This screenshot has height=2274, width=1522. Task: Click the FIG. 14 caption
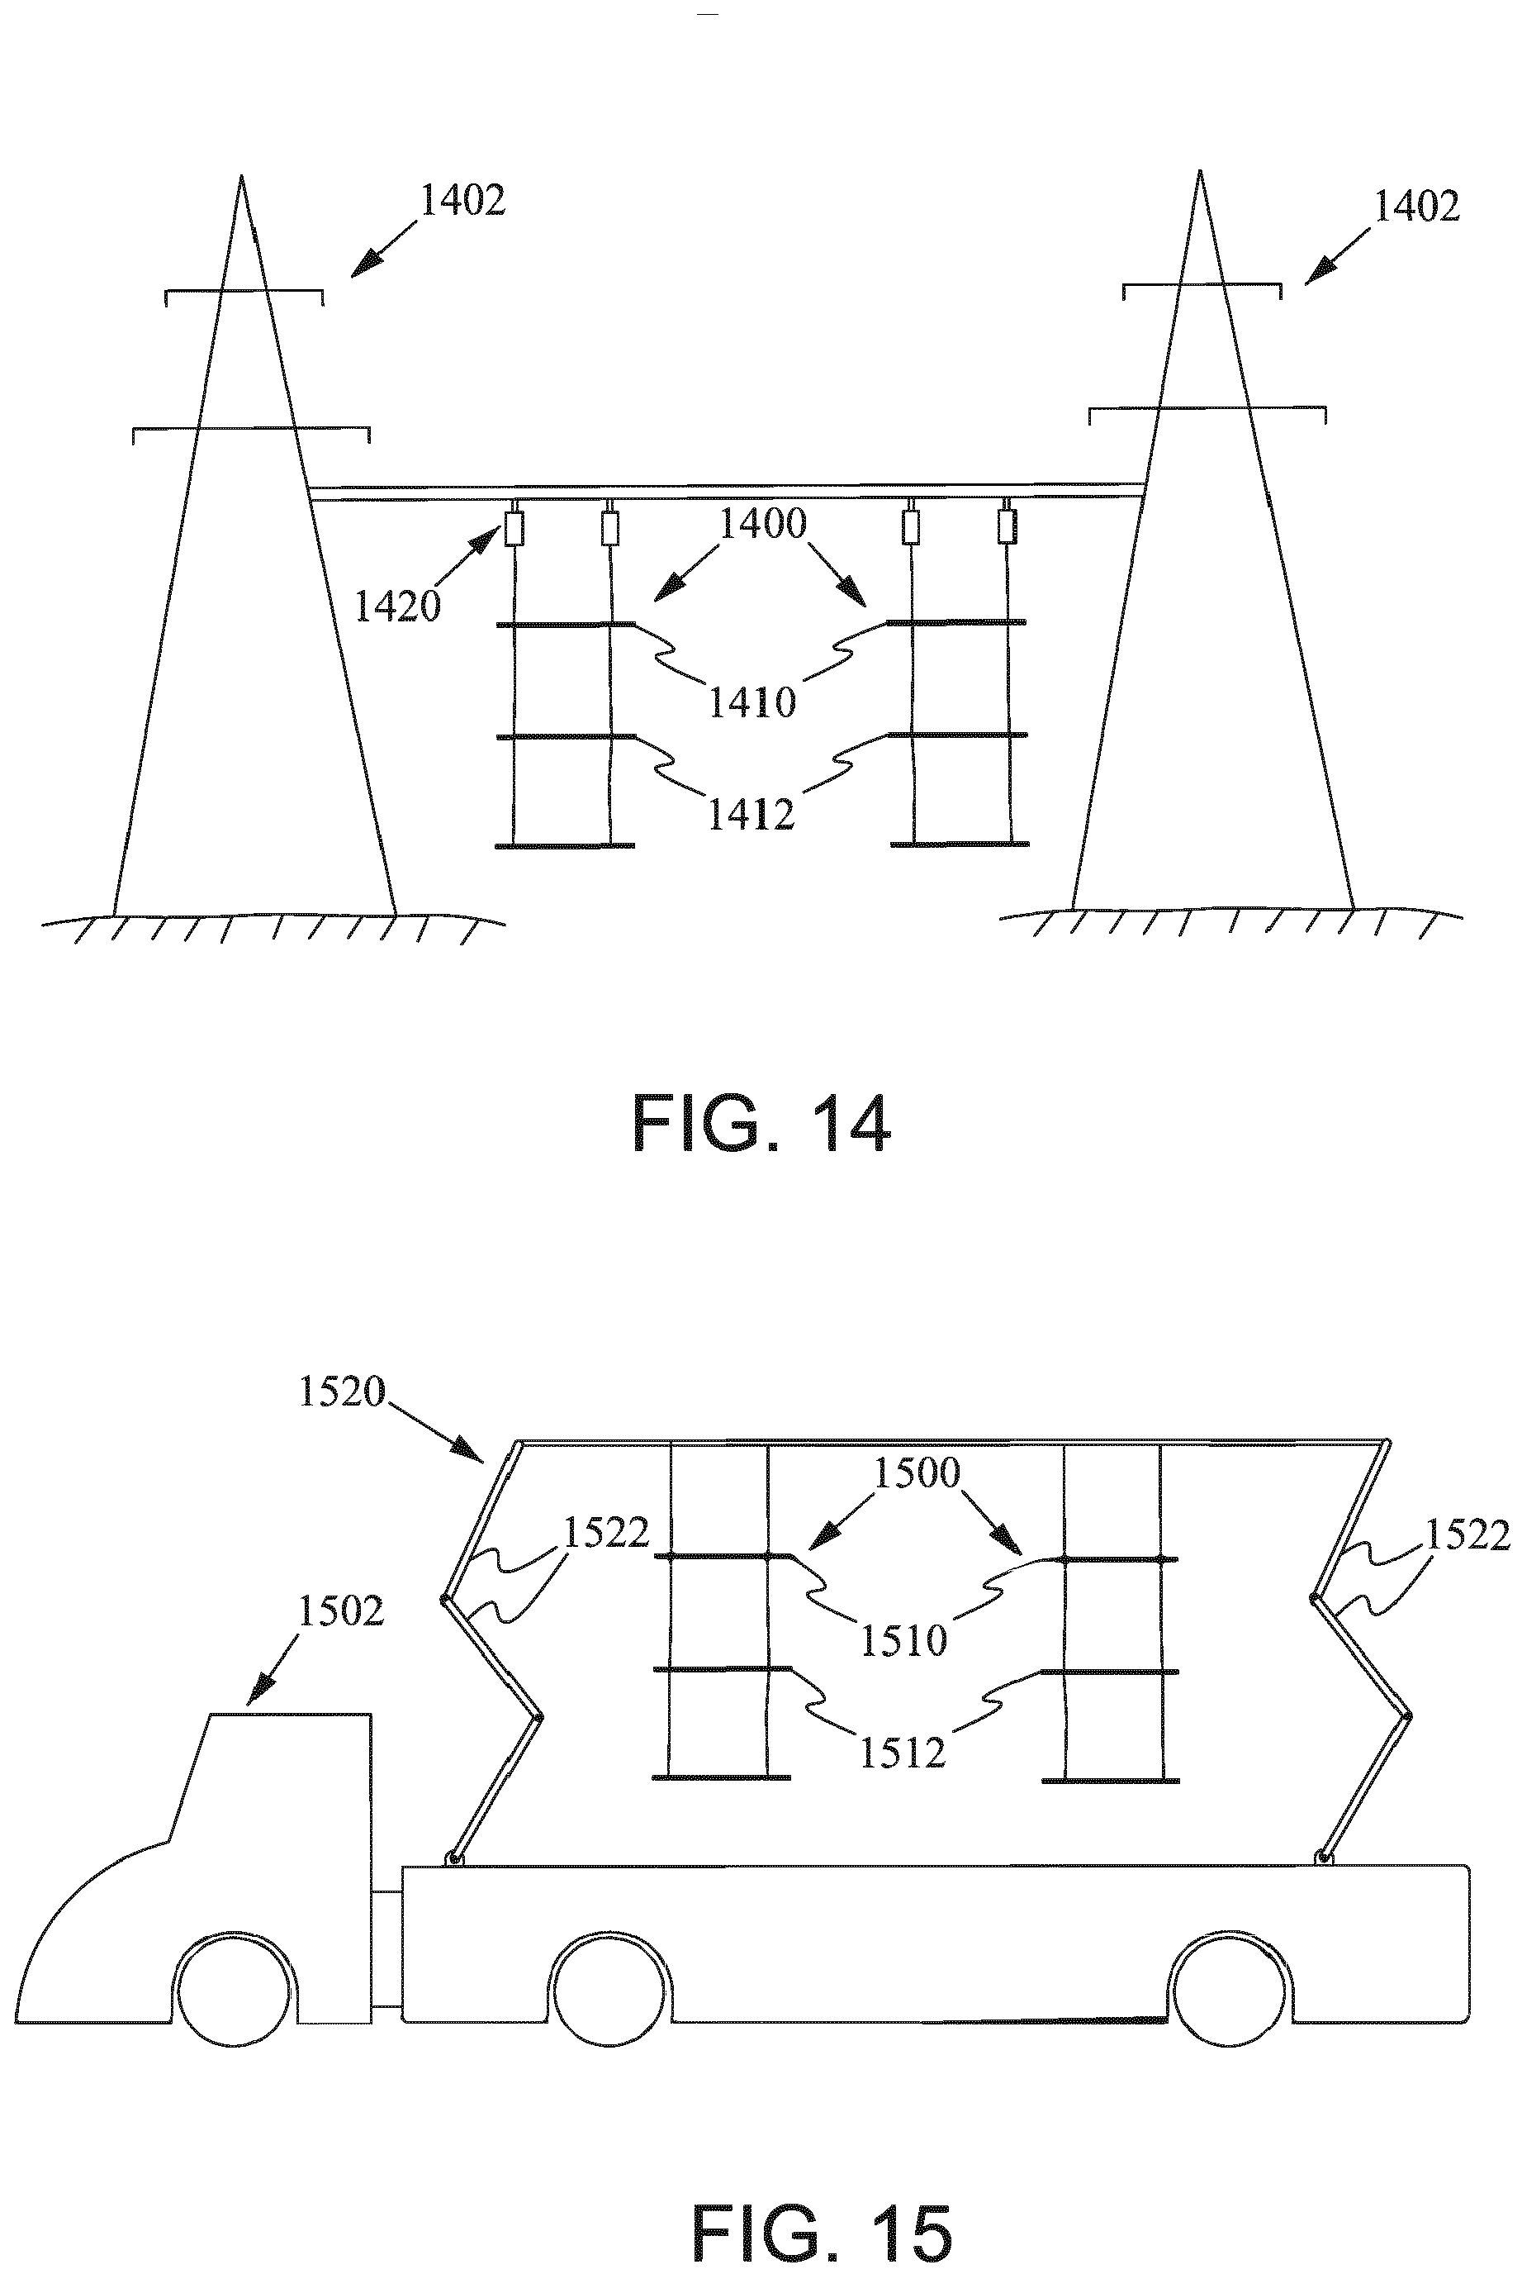coord(761,1124)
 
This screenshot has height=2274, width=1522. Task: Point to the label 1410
coord(752,701)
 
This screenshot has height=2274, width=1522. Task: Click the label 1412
coord(752,815)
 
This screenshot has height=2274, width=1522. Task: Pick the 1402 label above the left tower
coord(462,200)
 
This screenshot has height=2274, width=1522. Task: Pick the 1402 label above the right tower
coord(1417,206)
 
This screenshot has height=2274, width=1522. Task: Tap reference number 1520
coord(342,1392)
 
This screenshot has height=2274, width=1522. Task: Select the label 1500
coord(917,1473)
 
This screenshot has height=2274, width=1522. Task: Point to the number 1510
coord(903,1640)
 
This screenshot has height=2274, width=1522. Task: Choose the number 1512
coord(903,1753)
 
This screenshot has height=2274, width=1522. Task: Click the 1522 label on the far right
coord(1467,1535)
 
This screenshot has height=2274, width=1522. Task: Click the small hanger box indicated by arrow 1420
coord(514,529)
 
